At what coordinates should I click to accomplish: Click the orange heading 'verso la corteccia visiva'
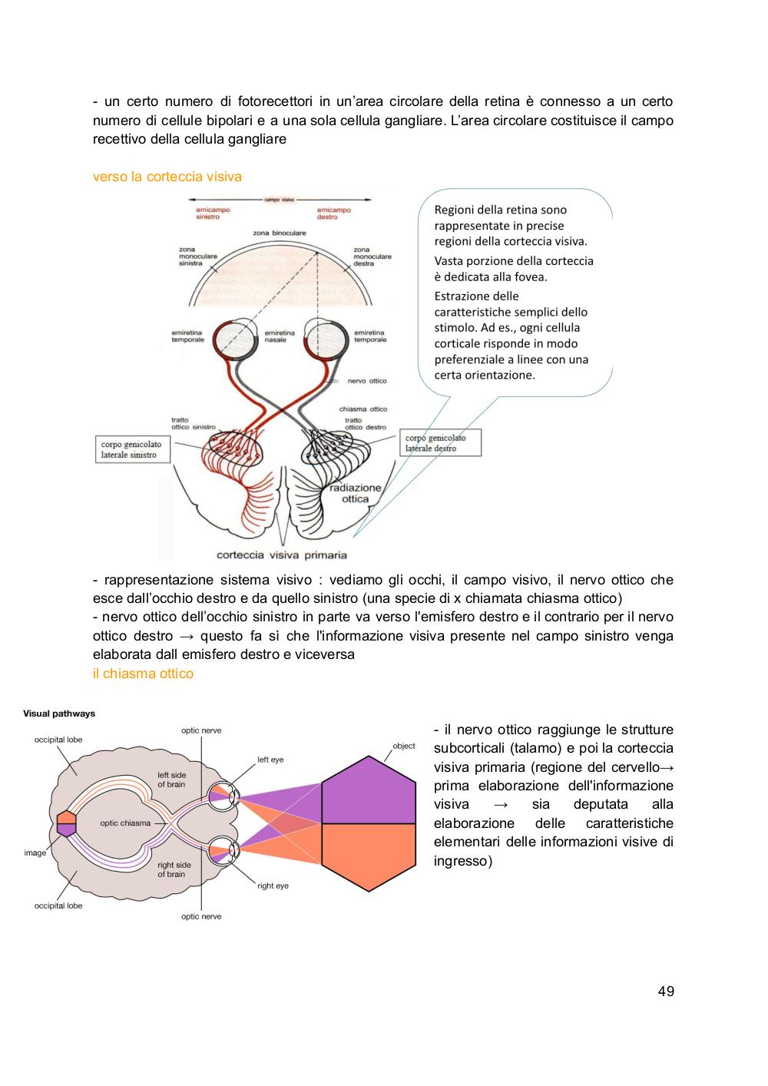(167, 177)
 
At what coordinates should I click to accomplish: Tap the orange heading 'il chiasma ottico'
(143, 674)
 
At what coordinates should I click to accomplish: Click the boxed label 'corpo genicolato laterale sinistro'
(133, 449)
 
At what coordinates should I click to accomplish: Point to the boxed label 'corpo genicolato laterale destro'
(440, 442)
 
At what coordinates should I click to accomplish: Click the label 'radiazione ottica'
(356, 493)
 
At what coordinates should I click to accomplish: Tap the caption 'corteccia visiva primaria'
(282, 555)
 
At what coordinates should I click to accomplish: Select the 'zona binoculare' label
(280, 233)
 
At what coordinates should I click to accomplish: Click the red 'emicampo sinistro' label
(213, 214)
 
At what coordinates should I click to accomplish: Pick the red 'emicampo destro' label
(333, 214)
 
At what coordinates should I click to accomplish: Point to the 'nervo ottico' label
(367, 381)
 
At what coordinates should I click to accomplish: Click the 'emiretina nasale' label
(280, 336)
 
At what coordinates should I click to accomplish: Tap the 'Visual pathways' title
(59, 714)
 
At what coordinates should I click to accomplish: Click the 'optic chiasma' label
(125, 823)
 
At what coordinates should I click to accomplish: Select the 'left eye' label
(270, 760)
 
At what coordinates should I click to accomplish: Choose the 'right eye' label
(273, 886)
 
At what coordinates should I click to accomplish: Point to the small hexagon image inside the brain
(66, 823)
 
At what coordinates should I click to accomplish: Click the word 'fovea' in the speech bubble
(531, 277)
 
